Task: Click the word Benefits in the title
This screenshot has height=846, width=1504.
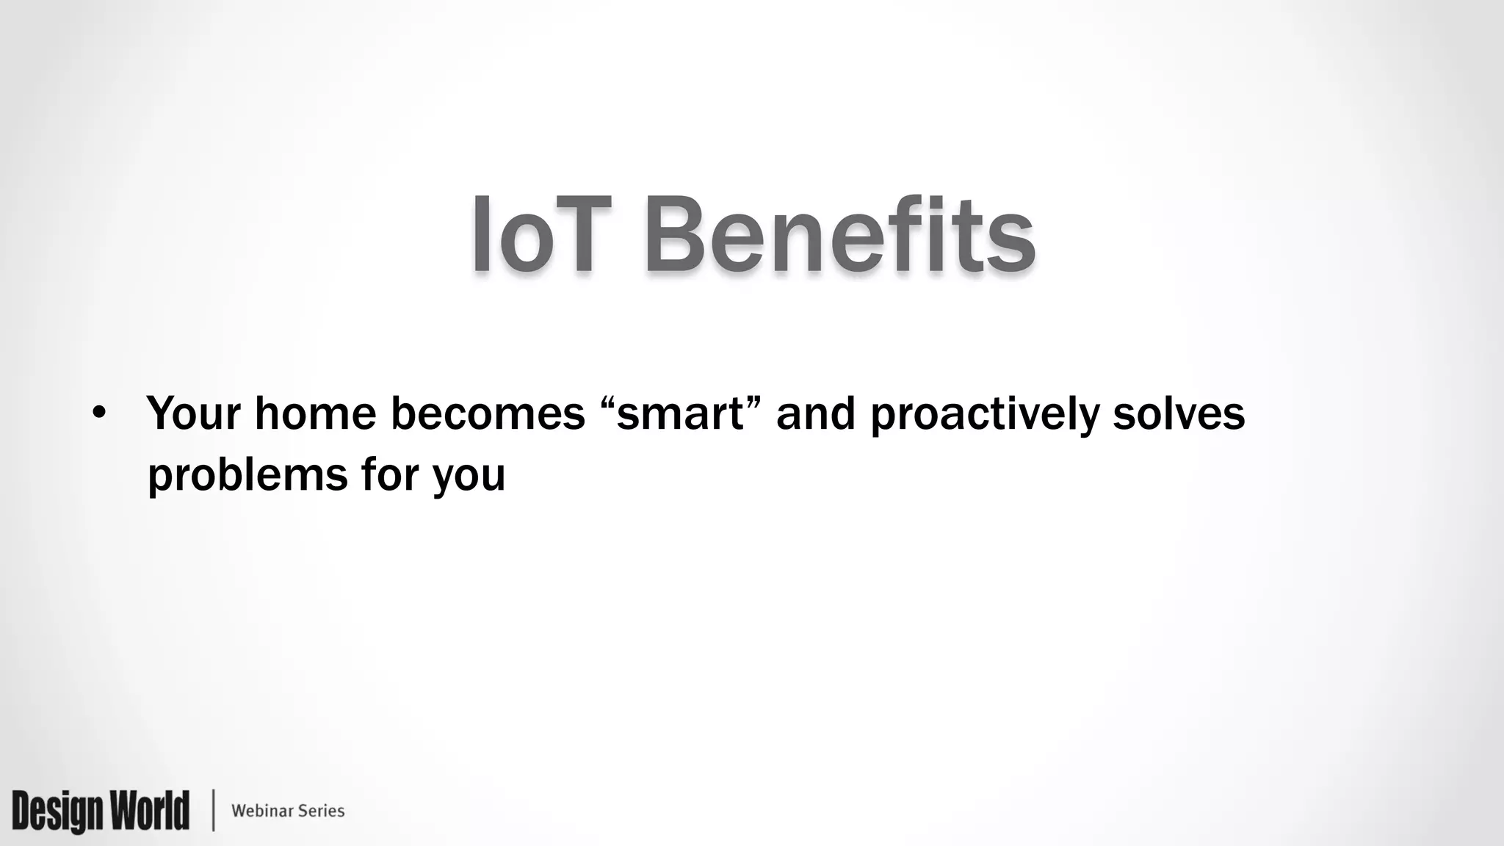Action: point(839,235)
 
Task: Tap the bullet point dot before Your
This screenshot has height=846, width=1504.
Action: point(99,414)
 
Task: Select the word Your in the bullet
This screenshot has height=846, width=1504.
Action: point(193,413)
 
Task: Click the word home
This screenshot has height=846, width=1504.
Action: point(315,413)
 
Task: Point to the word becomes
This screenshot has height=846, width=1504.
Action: point(487,413)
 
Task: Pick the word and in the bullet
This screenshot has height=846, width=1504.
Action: point(815,413)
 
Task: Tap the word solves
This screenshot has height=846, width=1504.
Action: point(1179,413)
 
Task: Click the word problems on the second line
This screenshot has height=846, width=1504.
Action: point(247,476)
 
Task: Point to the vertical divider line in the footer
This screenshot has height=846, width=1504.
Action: point(214,811)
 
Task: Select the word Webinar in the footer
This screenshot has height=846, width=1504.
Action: point(261,811)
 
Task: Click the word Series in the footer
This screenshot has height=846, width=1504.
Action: point(321,811)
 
